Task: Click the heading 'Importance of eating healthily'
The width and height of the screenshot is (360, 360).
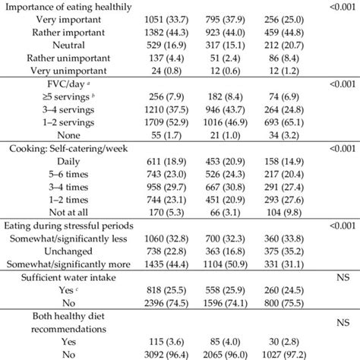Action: coord(76,8)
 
